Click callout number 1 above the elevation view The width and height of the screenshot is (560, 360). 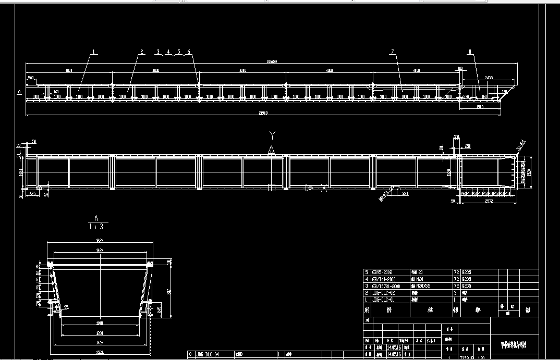tap(94, 52)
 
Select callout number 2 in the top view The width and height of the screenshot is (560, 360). tap(141, 52)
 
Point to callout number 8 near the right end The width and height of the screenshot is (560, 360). tap(470, 52)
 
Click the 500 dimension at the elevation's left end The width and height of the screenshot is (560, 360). tap(31, 78)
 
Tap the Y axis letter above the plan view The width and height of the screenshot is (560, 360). tap(272, 136)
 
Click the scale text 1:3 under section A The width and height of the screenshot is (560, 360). tap(96, 227)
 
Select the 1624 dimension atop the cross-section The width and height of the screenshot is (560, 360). tap(99, 241)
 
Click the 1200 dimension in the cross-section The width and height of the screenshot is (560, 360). tap(99, 332)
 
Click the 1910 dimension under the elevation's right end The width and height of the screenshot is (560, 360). tap(480, 107)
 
